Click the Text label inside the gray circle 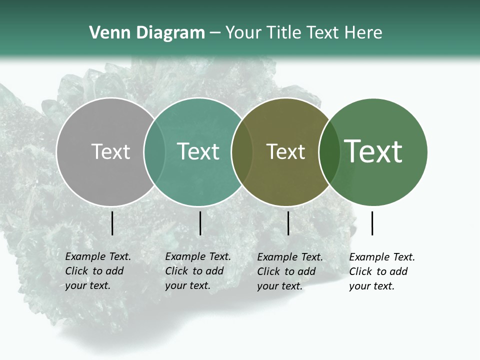[110, 151]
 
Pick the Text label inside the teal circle [198, 151]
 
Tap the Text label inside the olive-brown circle [285, 151]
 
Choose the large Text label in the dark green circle [373, 151]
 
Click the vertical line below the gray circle [112, 223]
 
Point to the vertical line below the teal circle [200, 223]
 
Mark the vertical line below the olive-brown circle [288, 223]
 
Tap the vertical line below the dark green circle [372, 223]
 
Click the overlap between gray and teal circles [154, 151]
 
